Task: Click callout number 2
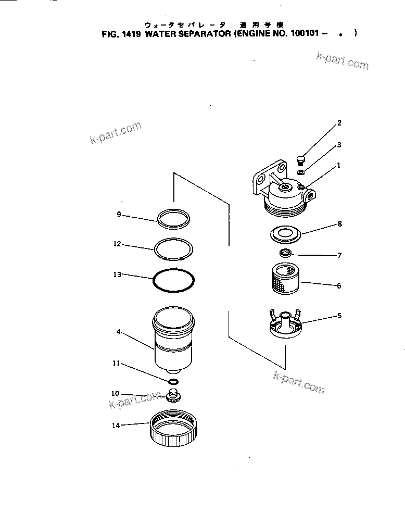[339, 123]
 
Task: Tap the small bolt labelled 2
[301, 158]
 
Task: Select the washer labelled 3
[301, 172]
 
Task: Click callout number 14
[116, 426]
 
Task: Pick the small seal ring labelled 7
[285, 254]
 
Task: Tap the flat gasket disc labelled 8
[285, 234]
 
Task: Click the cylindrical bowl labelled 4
[173, 339]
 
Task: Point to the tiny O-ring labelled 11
[173, 382]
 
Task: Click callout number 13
[117, 274]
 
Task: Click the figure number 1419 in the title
[131, 34]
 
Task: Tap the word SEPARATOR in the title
[203, 34]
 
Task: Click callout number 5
[339, 315]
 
